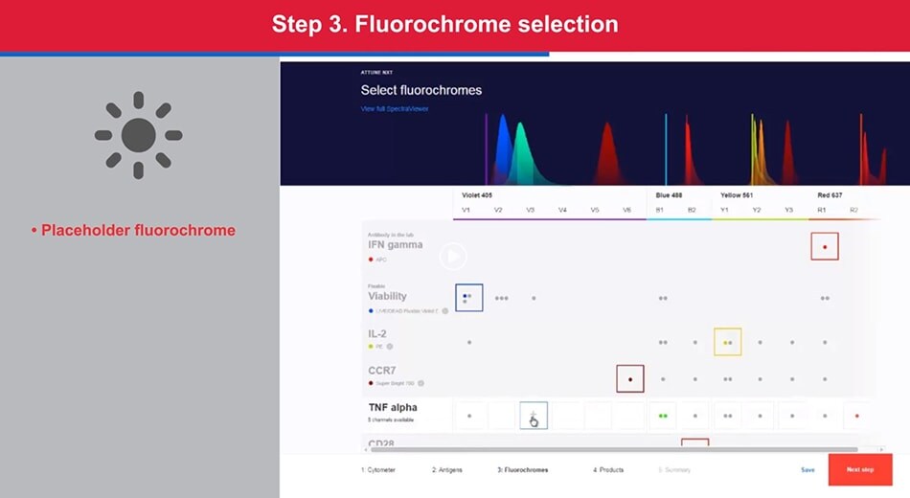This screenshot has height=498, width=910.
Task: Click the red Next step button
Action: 859,469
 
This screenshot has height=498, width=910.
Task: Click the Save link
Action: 808,470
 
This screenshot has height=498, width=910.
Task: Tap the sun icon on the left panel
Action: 138,135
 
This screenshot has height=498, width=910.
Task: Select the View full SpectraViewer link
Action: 394,109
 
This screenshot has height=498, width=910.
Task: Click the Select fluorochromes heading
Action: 421,90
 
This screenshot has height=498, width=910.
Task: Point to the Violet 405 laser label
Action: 477,195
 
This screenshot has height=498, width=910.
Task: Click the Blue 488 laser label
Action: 671,195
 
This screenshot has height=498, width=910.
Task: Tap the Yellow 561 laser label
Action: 739,195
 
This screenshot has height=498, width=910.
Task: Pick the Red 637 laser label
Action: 830,195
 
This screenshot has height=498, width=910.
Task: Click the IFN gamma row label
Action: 396,245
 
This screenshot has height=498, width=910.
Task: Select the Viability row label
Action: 388,296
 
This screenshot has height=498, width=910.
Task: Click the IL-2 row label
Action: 377,333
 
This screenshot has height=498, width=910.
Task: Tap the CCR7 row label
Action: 383,370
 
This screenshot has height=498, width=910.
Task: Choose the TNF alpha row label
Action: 393,407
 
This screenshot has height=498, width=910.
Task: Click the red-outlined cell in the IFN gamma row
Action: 824,246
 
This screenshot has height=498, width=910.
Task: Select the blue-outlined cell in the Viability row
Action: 468,298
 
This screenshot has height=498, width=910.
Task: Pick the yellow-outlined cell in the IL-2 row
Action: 727,342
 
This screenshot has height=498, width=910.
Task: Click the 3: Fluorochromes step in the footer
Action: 522,470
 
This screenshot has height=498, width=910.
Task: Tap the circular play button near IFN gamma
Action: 453,256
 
